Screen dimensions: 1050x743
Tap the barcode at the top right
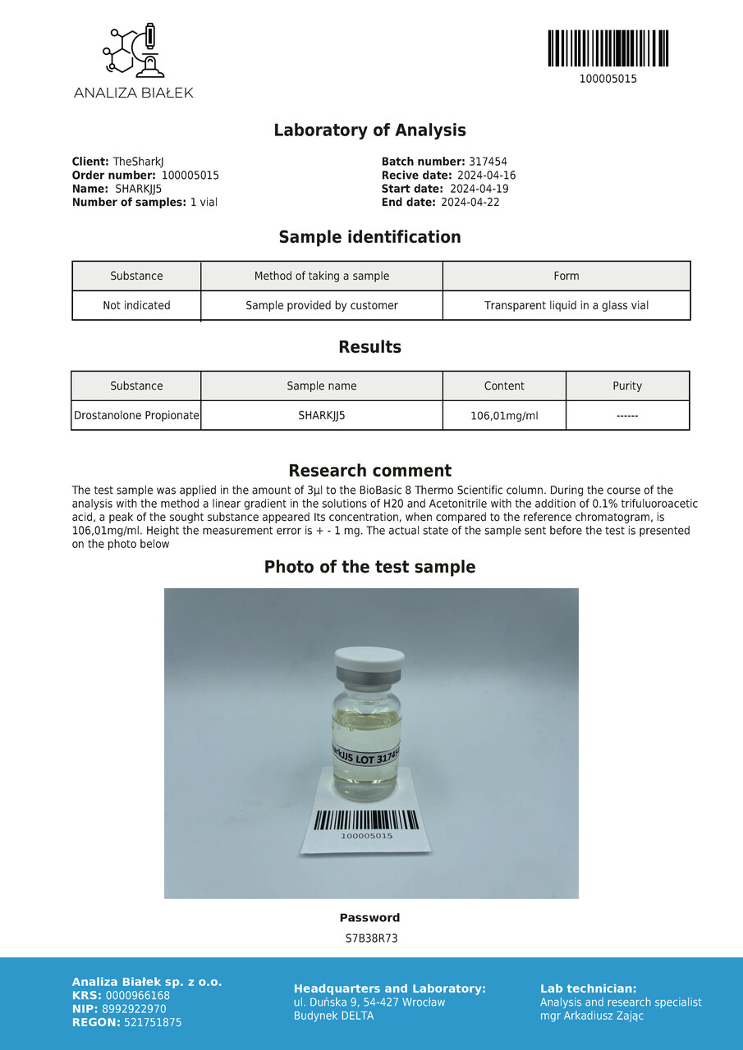pos(608,48)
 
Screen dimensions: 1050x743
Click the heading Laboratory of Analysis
pos(369,130)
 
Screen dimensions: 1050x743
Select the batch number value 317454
pos(488,162)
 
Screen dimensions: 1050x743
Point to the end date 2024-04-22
pos(470,202)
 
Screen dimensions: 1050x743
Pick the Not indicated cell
pos(136,305)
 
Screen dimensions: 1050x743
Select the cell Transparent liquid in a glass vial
pos(566,305)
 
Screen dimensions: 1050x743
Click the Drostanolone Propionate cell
pos(136,415)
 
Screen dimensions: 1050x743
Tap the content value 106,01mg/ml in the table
pos(504,416)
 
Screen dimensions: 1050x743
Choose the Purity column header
pos(627,386)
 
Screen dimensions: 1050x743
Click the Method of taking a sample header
pos(322,276)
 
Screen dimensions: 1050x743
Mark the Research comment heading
pos(369,471)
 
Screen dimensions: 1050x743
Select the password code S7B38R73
pos(371,938)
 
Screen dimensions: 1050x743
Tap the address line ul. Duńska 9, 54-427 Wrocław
pos(369,1002)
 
